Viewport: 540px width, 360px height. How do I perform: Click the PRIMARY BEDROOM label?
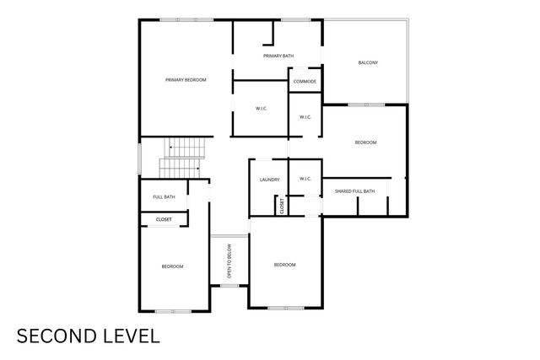(186, 80)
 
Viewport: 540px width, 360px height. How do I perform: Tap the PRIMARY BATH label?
(278, 56)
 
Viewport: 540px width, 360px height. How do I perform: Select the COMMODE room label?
(305, 82)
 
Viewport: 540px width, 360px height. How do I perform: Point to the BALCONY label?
(368, 62)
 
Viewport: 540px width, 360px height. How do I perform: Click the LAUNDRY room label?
(270, 180)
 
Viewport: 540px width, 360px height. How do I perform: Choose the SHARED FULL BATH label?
(354, 191)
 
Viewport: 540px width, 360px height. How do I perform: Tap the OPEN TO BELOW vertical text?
(229, 261)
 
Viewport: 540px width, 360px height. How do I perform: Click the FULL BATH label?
(164, 197)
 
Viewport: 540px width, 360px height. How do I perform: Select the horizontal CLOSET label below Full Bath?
(164, 219)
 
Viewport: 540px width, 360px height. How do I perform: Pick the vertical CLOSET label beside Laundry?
(282, 206)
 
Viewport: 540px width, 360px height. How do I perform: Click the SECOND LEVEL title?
(89, 336)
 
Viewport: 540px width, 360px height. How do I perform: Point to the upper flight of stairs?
(185, 148)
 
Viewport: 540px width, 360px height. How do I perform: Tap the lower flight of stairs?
(180, 169)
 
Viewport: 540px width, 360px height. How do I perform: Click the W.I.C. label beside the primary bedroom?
(262, 109)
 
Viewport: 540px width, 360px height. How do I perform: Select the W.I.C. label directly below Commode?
(305, 117)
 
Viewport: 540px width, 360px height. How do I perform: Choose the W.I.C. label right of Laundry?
(305, 179)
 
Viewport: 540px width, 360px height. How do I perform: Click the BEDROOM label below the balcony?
(365, 142)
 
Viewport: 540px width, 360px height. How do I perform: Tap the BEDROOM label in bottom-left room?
(172, 266)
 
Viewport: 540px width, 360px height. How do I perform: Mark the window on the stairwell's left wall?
(139, 159)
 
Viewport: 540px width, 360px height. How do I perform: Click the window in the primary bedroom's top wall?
(186, 20)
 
